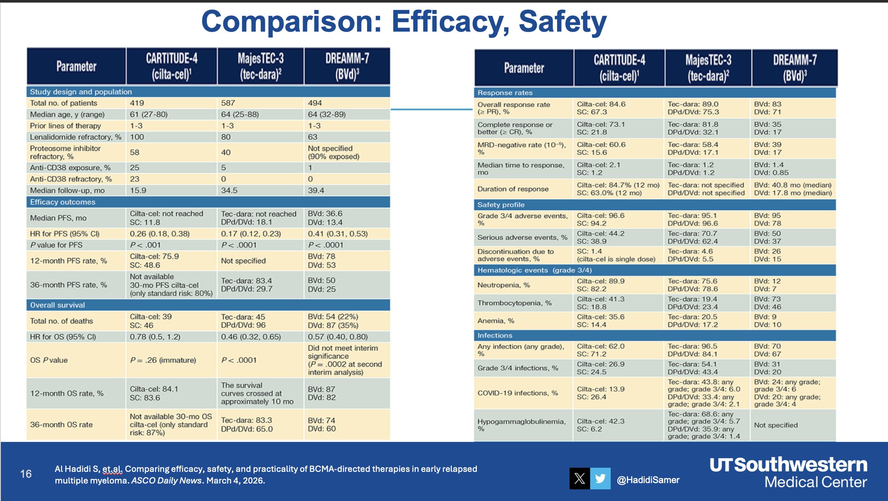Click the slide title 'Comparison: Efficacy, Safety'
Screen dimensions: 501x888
coord(403,22)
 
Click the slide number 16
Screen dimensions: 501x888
coord(26,474)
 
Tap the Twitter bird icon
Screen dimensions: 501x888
coord(600,479)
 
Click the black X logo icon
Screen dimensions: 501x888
coord(580,479)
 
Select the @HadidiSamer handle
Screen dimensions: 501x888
coord(648,480)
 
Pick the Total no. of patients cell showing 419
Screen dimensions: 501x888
coord(137,103)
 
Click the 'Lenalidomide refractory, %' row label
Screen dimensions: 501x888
coord(75,137)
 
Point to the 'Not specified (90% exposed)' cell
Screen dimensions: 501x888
coord(333,152)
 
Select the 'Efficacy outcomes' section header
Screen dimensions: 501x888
coord(63,202)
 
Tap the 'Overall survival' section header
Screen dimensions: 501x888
coord(57,305)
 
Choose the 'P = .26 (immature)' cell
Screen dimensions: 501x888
coord(163,360)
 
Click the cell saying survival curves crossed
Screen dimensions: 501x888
coord(257,393)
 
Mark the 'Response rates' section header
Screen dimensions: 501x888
coord(505,93)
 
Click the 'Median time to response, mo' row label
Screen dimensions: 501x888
coord(520,169)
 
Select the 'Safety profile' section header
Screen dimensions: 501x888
coord(501,205)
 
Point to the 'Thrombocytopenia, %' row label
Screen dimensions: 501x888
coord(514,303)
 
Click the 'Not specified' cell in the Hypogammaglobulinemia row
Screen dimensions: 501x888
coord(776,425)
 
